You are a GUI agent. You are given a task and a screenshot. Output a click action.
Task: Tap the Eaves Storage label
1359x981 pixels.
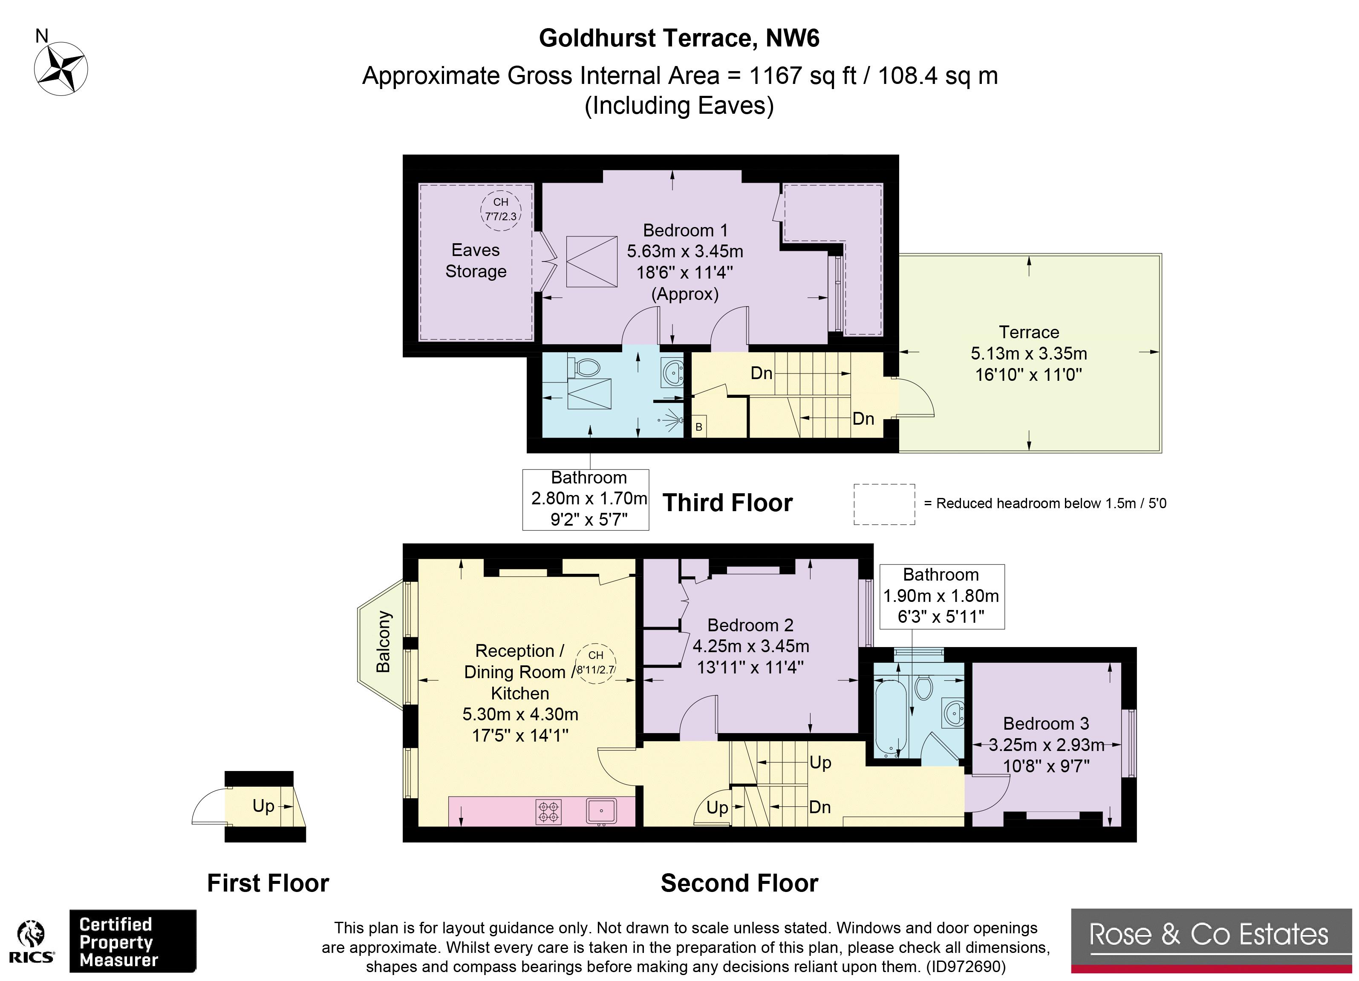[x=476, y=261]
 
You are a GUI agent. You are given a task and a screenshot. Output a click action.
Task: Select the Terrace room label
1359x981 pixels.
[x=1029, y=332]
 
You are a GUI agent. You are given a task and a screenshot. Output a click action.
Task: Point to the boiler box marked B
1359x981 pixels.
[x=698, y=426]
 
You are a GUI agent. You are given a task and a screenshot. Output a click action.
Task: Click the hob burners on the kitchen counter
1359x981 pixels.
[x=549, y=811]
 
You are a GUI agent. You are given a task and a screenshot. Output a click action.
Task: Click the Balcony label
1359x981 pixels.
[x=383, y=642]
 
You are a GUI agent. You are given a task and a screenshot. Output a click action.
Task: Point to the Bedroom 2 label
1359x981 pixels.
[x=750, y=625]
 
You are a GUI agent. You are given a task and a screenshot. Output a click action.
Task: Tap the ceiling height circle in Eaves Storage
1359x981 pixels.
[x=500, y=210]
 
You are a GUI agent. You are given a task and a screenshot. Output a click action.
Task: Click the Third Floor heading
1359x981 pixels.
[x=727, y=503]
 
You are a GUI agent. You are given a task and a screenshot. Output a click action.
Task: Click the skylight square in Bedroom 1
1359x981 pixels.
[x=591, y=262]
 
